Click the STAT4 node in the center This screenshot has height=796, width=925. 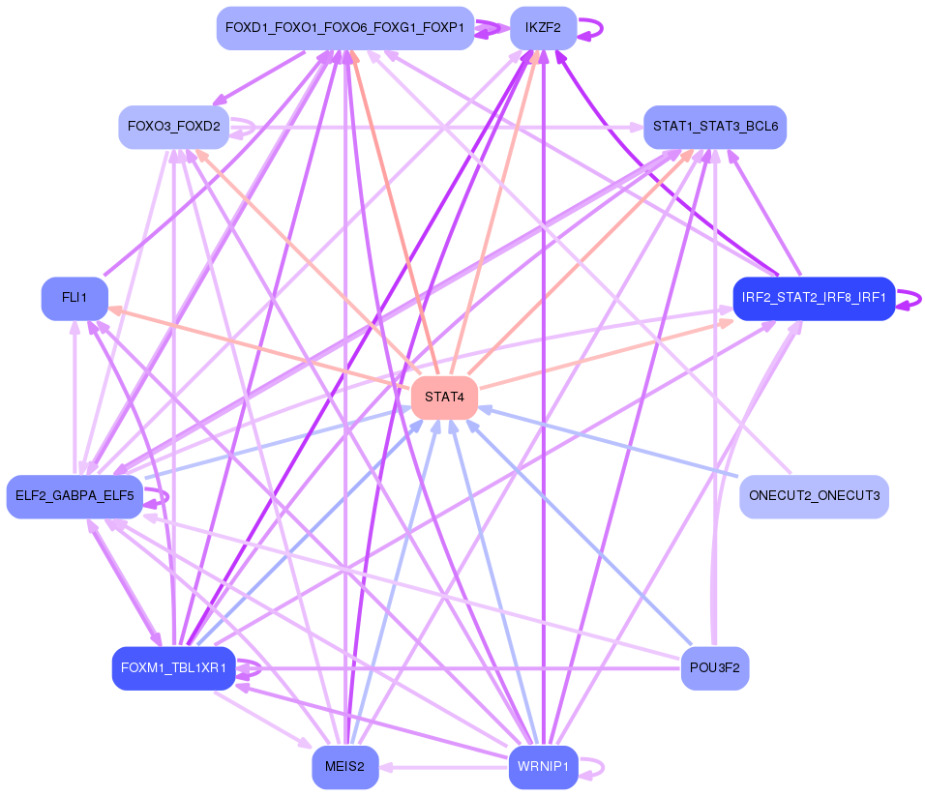click(x=444, y=398)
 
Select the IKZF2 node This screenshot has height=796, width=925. click(x=543, y=28)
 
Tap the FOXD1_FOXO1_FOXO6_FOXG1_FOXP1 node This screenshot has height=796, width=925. click(x=345, y=28)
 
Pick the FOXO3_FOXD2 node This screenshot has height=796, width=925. click(x=173, y=127)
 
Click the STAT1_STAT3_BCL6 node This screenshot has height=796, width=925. click(x=715, y=127)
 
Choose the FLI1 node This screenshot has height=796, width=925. click(x=75, y=298)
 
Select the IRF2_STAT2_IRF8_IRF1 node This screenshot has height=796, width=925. click(x=814, y=298)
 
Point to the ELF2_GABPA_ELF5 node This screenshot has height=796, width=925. click(x=75, y=496)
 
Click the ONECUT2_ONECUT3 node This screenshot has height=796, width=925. click(x=814, y=496)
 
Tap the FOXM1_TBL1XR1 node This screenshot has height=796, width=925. click(x=173, y=668)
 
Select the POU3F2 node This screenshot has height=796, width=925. click(x=715, y=668)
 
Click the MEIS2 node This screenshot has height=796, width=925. click(x=345, y=767)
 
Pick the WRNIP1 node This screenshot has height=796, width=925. click(x=543, y=767)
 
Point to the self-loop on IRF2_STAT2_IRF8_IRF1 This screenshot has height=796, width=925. click(x=909, y=299)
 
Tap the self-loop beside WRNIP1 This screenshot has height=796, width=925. click(x=591, y=767)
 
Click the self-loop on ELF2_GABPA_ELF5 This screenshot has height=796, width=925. click(x=157, y=497)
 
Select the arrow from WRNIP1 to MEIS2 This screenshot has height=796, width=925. click(x=443, y=767)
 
